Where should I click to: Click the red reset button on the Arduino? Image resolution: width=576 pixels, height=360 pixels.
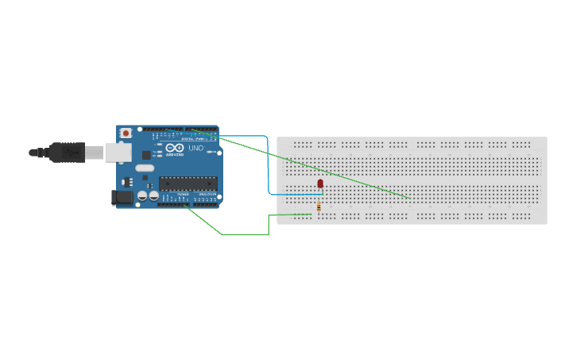[x=126, y=133]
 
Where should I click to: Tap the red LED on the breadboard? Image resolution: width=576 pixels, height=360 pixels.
[x=320, y=184]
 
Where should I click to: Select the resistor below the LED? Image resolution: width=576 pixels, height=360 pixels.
[x=319, y=207]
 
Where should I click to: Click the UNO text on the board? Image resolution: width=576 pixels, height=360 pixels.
[x=195, y=149]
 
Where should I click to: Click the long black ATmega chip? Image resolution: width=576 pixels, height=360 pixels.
[x=187, y=184]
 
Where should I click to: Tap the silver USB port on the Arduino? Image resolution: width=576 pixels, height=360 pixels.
[x=119, y=152]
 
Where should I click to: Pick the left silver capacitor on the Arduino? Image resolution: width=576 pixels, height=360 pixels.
[x=142, y=195]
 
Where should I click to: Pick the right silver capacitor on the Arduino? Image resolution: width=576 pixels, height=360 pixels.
[x=153, y=195]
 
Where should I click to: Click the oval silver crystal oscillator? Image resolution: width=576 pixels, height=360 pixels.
[x=145, y=168]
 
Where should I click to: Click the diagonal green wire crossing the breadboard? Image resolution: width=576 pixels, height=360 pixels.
[x=318, y=168]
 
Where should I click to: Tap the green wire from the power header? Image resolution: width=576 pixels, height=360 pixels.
[x=238, y=234]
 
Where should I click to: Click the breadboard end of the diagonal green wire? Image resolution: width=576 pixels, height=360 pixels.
[x=410, y=198]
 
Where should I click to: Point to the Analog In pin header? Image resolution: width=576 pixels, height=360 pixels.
[x=206, y=204]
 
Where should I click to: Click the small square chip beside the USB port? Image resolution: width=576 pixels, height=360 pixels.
[x=146, y=157]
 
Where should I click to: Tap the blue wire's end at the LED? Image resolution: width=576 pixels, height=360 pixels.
[x=320, y=194]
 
